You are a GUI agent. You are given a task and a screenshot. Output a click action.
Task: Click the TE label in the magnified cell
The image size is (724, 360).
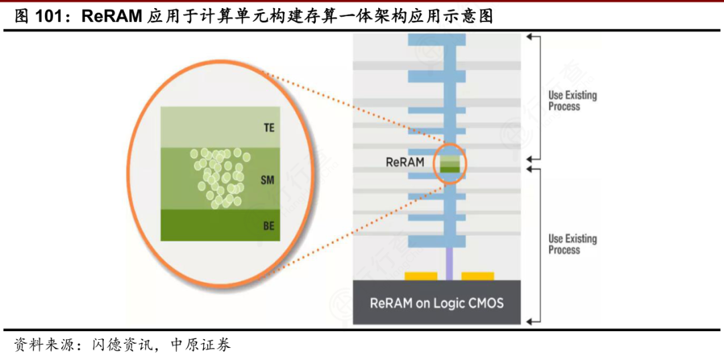point(268,127)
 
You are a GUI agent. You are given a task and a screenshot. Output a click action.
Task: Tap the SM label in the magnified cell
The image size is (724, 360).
point(267,180)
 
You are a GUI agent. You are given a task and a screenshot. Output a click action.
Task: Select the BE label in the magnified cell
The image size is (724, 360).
point(268,226)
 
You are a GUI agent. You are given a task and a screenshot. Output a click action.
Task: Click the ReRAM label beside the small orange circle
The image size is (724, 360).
point(404,162)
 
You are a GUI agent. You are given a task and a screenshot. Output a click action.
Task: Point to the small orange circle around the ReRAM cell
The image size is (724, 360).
point(449,163)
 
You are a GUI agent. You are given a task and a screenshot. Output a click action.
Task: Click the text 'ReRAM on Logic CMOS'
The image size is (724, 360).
point(436,303)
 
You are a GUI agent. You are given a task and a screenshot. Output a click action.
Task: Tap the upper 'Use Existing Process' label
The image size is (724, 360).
point(572,101)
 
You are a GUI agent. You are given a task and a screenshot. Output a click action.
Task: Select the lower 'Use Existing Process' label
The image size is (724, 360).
point(572,244)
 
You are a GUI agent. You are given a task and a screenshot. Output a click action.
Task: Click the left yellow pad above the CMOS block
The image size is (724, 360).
point(420,276)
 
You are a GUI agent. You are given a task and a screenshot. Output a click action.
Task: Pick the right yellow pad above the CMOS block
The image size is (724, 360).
point(477,276)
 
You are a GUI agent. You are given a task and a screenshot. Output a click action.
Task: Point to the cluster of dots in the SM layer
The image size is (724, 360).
point(219,177)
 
